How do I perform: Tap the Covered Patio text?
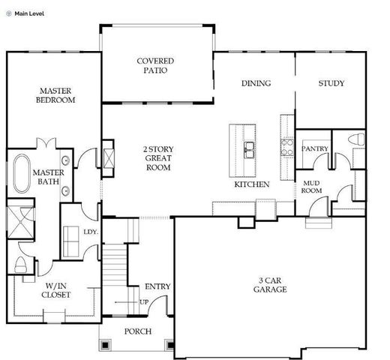(155, 66)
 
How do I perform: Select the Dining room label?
(256, 83)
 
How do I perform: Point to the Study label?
(331, 83)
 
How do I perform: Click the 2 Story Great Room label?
(157, 158)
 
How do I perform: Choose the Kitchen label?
(252, 184)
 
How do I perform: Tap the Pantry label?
(315, 149)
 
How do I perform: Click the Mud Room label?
(313, 186)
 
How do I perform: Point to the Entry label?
(157, 286)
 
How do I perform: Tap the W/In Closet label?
(58, 290)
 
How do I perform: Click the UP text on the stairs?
(143, 302)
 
